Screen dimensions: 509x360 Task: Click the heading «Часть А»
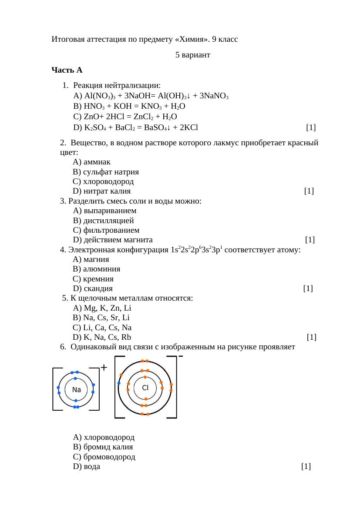point(67,70)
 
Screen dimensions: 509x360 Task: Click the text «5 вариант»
point(193,55)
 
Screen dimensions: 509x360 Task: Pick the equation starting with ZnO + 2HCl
point(125,117)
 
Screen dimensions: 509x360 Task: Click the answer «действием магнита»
point(113,240)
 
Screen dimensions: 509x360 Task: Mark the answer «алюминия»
point(97,269)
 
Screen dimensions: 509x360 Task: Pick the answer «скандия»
point(93,288)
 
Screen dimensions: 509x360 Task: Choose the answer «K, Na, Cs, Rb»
point(102,337)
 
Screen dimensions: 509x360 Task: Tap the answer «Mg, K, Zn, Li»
point(102,308)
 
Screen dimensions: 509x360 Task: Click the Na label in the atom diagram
point(77,389)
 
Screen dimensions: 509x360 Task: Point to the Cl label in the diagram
point(145,387)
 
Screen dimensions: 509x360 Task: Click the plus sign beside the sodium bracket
point(104,368)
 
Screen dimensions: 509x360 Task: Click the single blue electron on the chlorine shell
point(119,383)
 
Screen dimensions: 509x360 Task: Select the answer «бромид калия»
point(103,447)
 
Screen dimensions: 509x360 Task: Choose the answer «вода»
point(87,467)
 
